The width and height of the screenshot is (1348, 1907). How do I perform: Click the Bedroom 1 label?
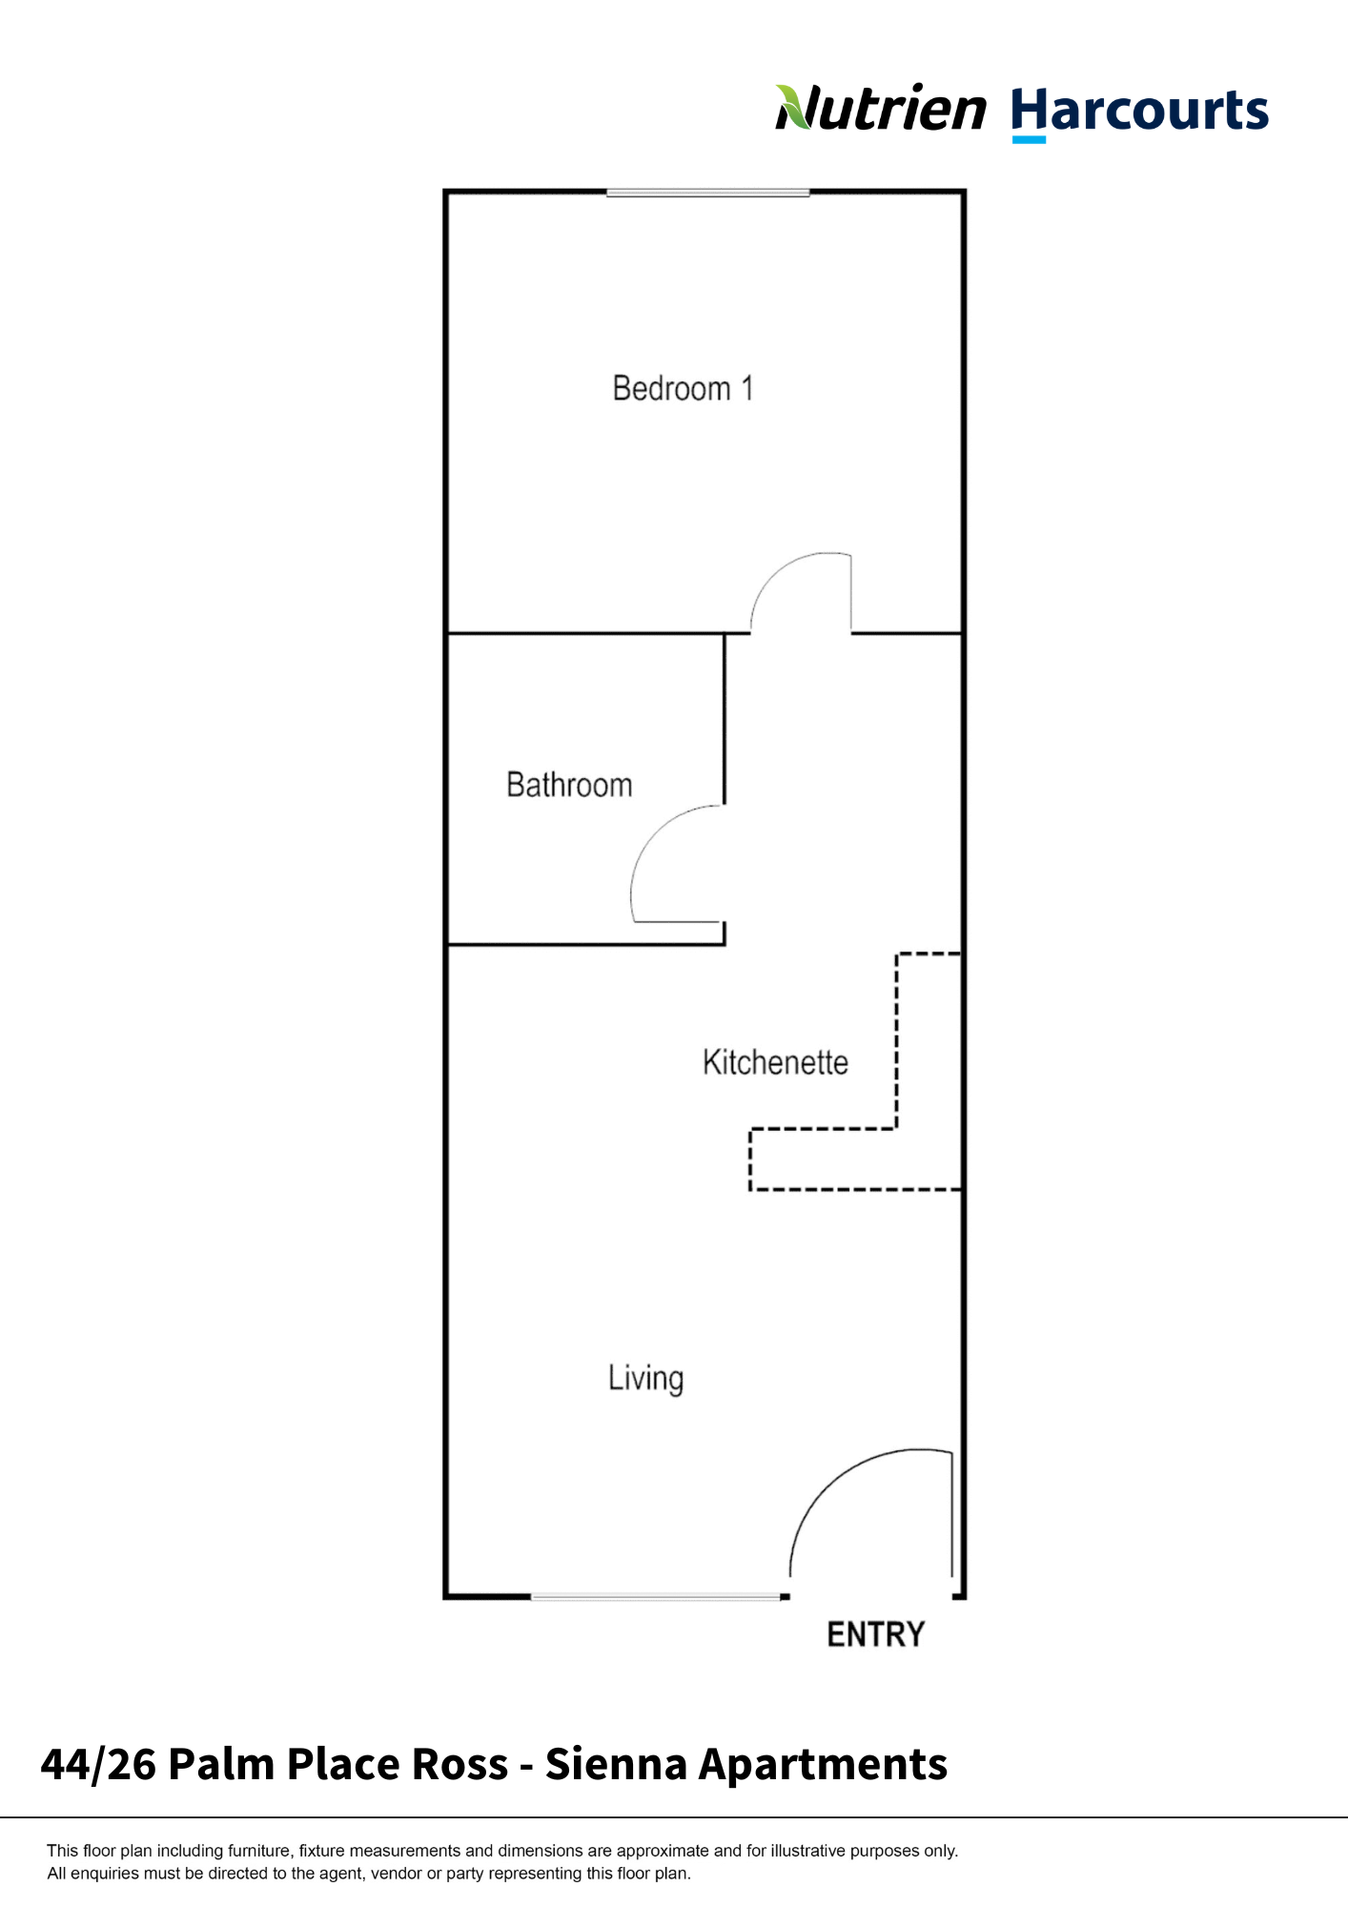tap(683, 389)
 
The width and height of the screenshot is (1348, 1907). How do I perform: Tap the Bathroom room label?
tap(569, 785)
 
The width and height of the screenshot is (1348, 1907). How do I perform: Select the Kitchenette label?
tap(775, 1062)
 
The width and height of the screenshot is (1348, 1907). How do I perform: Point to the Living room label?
tap(645, 1379)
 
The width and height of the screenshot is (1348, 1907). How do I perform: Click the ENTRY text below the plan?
tap(875, 1634)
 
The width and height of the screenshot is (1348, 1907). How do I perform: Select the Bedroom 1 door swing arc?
tap(777, 572)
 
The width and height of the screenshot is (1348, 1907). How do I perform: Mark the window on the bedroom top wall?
tap(707, 193)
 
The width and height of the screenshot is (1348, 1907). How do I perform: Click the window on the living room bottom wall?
tap(656, 1596)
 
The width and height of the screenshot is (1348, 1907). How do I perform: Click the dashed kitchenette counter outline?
tap(896, 1049)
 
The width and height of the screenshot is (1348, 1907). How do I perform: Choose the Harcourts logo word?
tap(1139, 111)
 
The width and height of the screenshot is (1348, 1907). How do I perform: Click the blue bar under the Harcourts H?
tap(1028, 140)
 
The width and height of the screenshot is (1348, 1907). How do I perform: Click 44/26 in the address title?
tap(98, 1764)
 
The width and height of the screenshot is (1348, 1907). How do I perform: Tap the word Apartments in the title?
tap(823, 1764)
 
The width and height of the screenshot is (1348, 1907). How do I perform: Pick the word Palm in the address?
tap(221, 1764)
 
